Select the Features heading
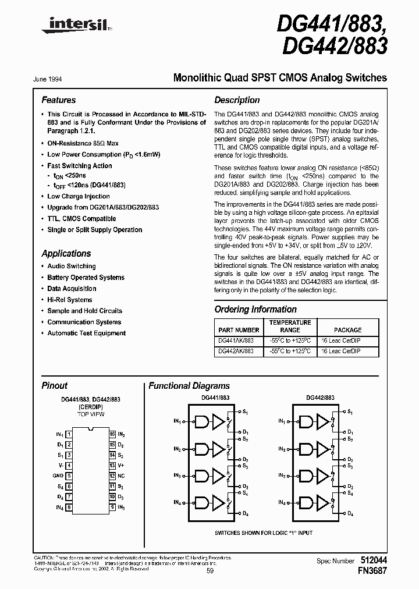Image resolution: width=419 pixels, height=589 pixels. (58, 100)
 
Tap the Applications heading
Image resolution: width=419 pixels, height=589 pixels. (66, 254)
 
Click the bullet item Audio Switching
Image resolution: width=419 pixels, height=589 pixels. (71, 266)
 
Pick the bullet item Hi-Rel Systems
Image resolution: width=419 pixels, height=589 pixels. (69, 300)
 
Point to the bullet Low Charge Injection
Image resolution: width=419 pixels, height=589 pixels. (78, 196)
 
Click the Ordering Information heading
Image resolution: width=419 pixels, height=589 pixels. (255, 310)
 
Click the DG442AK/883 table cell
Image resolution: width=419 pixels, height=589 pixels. (236, 352)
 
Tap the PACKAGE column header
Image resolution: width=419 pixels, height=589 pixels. (347, 329)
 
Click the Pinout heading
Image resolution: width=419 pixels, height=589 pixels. (54, 386)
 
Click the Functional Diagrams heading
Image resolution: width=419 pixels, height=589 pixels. (189, 386)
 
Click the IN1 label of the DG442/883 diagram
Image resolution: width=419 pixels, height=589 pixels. (282, 420)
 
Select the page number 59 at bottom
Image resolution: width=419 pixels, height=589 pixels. (210, 571)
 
